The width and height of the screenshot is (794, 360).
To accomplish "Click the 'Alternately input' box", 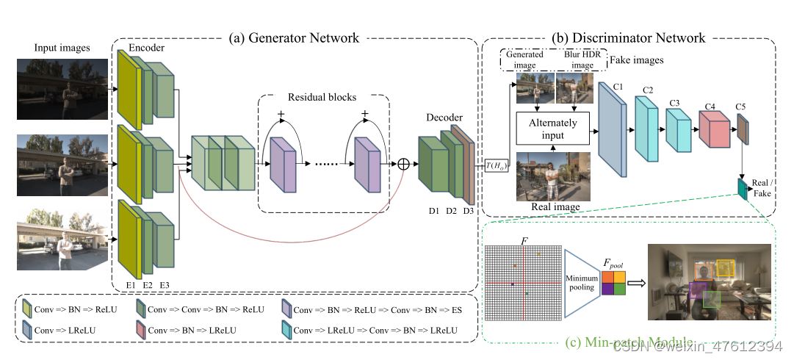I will (x=552, y=129).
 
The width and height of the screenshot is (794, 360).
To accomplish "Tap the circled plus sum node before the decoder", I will (x=403, y=165).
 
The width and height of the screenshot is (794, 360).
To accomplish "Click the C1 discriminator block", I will (x=611, y=130).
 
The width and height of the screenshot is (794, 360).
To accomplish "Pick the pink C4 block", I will (x=712, y=130).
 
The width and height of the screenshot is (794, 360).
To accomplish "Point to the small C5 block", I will (x=742, y=130).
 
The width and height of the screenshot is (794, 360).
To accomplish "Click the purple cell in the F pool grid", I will (x=607, y=289).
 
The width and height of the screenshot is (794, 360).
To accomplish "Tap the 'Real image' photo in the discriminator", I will (x=552, y=176).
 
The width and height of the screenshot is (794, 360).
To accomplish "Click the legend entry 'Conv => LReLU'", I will (x=68, y=331).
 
